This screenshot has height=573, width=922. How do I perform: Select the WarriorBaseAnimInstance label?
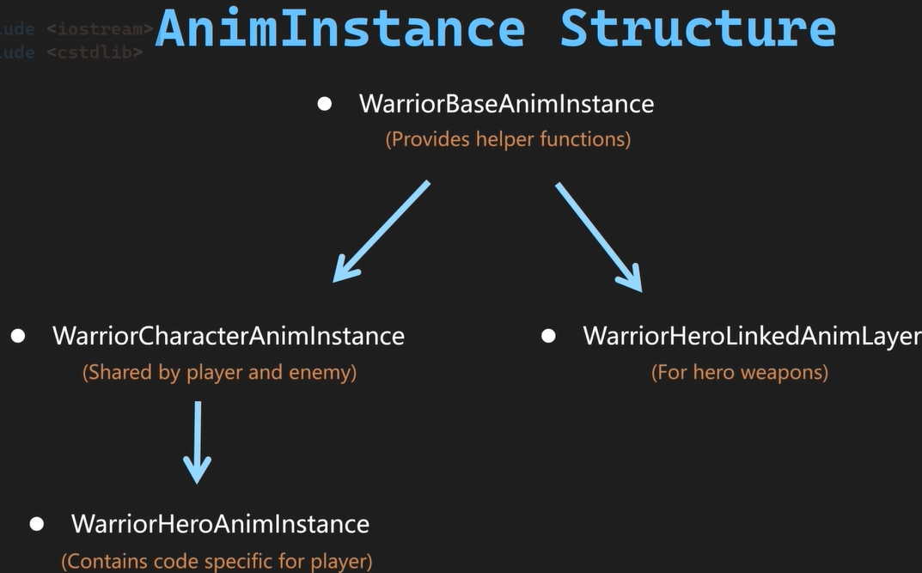[x=506, y=104]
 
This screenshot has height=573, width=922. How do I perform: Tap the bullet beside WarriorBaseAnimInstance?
[x=325, y=104]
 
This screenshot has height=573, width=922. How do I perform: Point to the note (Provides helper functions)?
[x=508, y=139]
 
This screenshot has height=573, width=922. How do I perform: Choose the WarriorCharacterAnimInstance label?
[x=229, y=335]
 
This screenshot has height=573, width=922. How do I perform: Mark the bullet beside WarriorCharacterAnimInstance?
[x=18, y=335]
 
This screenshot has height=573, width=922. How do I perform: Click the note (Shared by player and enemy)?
[x=219, y=372]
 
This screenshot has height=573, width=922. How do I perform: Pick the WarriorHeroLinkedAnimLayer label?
[x=752, y=335]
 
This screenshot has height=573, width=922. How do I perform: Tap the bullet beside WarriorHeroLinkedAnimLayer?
[x=548, y=335]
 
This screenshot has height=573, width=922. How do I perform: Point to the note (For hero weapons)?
[x=740, y=372]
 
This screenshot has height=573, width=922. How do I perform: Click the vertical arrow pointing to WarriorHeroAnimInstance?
[x=198, y=442]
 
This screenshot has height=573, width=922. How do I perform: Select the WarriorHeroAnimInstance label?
[x=220, y=523]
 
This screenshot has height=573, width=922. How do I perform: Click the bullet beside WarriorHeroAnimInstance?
[x=36, y=523]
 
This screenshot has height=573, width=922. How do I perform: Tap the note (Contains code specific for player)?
[x=217, y=561]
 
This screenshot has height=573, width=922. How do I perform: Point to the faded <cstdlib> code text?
[x=95, y=52]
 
